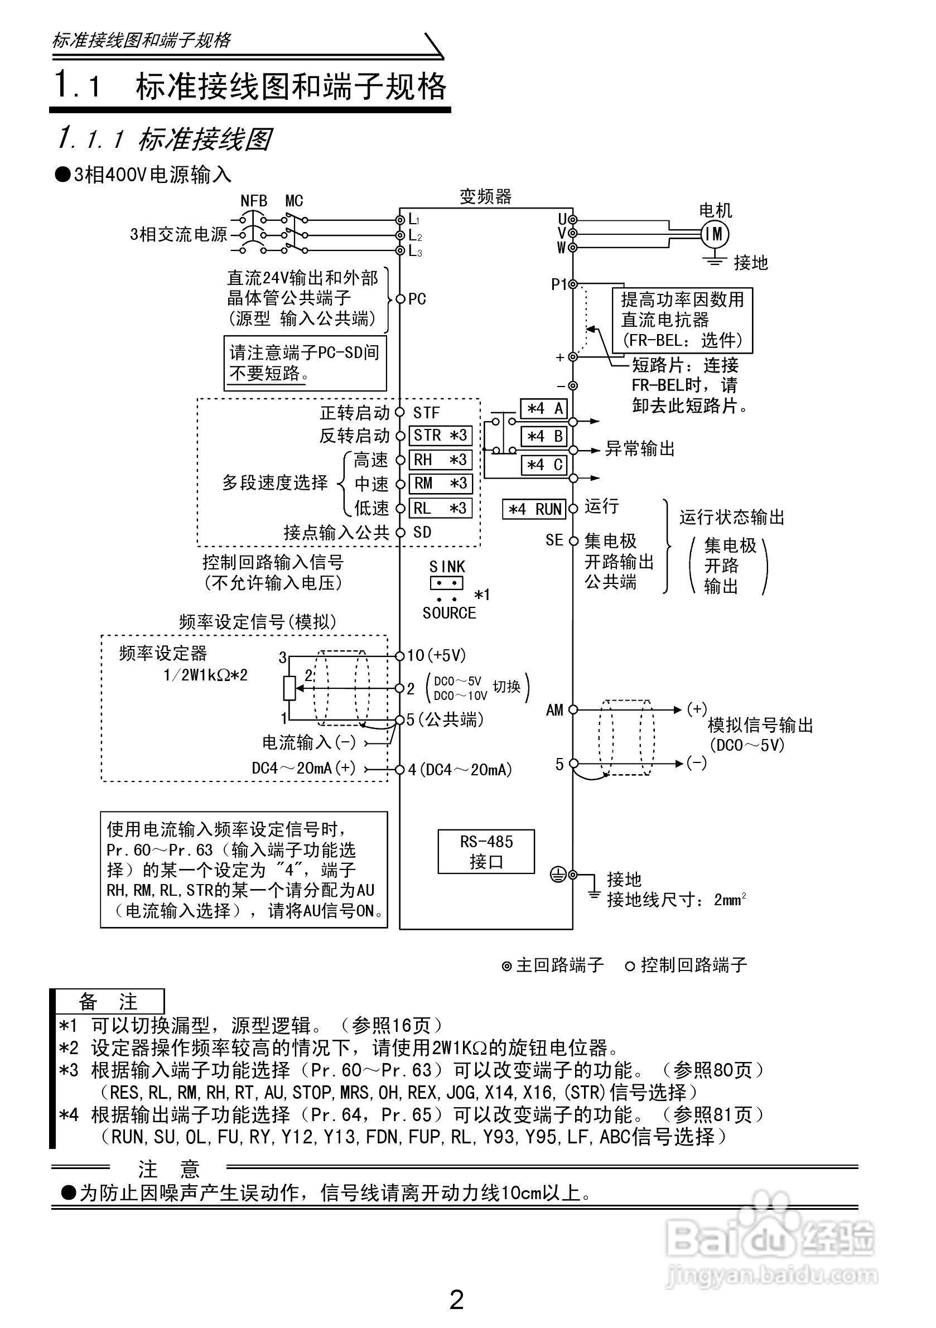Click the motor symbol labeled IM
(715, 234)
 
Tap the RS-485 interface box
(486, 851)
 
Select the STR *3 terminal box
(440, 436)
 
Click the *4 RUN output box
(534, 509)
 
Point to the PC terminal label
(417, 299)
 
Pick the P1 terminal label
(559, 284)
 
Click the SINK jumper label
(447, 567)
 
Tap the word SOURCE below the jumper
(449, 613)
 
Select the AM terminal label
(554, 710)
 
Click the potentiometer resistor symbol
(290, 688)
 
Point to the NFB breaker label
(254, 201)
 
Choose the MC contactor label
(294, 201)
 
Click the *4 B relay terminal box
(544, 436)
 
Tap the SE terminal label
(554, 540)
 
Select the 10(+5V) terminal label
(436, 655)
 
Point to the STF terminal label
(426, 413)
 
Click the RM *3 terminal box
(440, 484)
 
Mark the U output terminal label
(562, 219)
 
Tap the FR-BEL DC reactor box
(683, 320)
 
